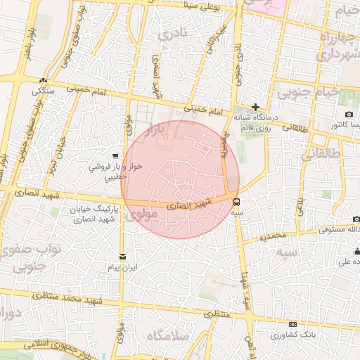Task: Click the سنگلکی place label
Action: pos(41,91)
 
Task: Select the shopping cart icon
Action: pos(115,156)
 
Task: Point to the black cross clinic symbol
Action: pos(255,106)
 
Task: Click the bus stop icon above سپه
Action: pos(236,200)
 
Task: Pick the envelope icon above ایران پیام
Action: pos(124,257)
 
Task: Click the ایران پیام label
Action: pos(124,268)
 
